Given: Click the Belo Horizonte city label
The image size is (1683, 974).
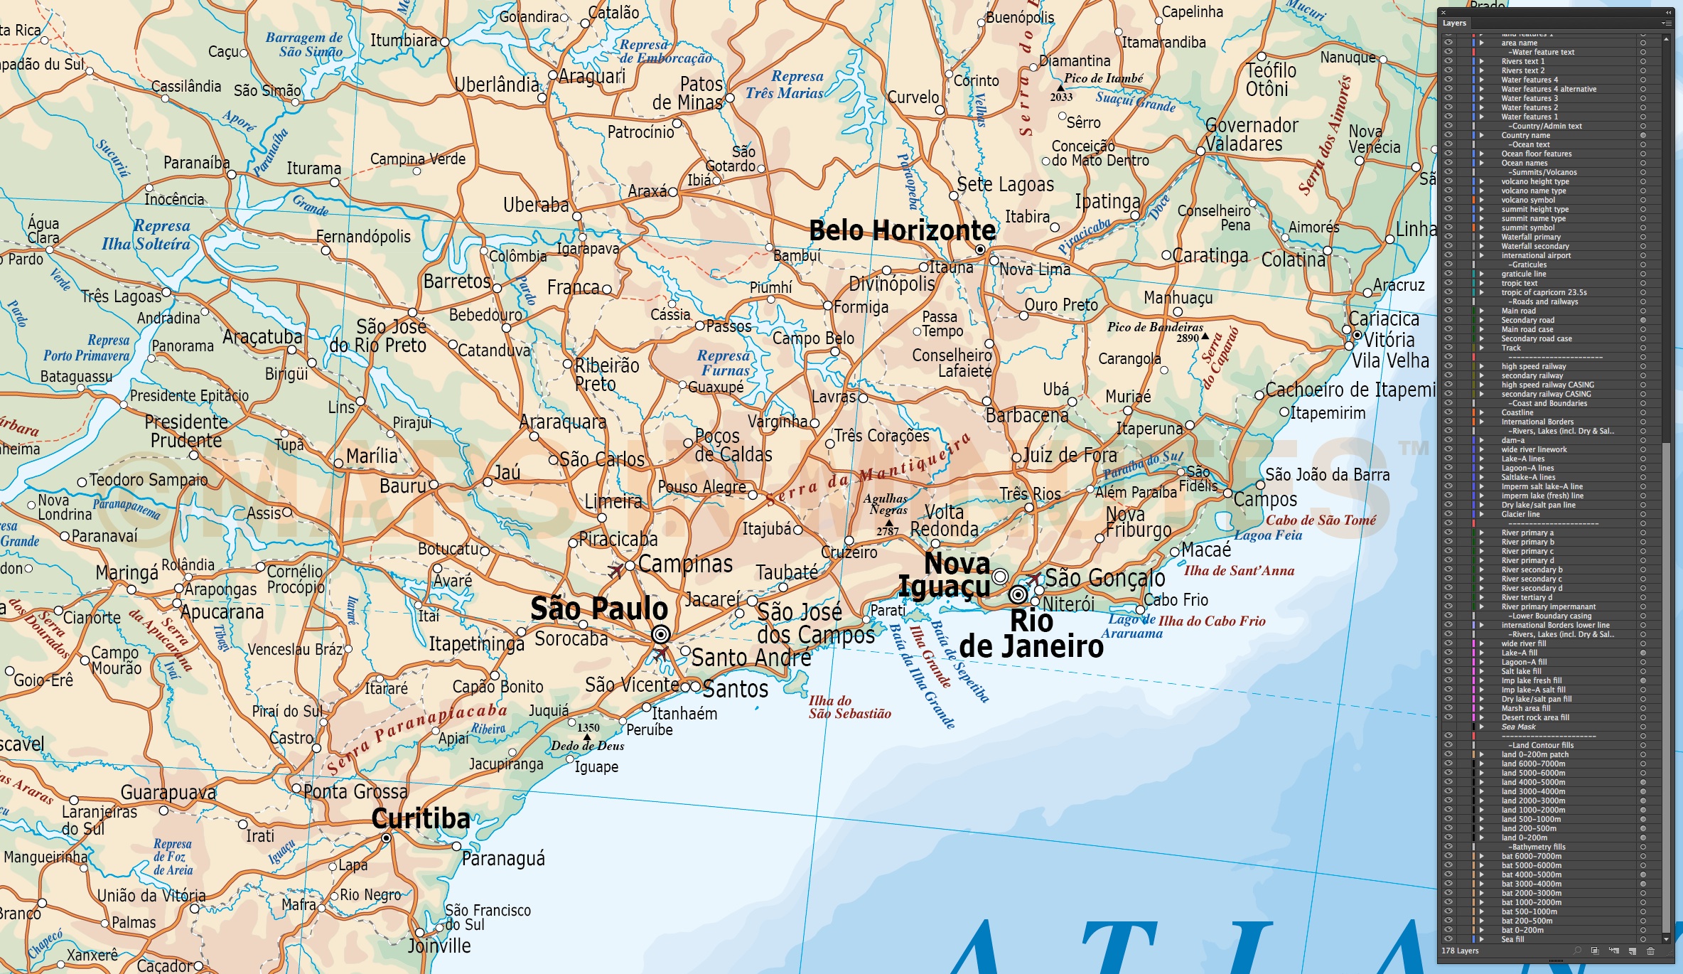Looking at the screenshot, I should [902, 231].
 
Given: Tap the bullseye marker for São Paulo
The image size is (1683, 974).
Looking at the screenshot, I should [661, 634].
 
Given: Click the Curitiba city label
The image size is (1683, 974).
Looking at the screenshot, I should [421, 819].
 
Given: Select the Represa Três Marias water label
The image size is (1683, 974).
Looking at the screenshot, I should [785, 85].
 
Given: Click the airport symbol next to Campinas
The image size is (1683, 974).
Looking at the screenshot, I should [616, 570].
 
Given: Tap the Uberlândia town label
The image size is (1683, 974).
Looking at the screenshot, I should [497, 85].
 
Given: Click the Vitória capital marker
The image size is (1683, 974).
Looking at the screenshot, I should [1357, 334].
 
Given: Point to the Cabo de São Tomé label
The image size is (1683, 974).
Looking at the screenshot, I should [1321, 520].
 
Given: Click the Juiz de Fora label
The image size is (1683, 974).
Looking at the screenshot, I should [1070, 455].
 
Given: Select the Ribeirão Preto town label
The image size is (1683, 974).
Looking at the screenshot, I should [606, 375].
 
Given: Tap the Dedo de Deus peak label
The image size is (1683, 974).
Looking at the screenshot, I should [587, 746].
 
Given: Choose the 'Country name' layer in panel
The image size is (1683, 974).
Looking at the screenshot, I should [1525, 135].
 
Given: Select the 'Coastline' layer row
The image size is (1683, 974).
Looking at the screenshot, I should [1517, 412].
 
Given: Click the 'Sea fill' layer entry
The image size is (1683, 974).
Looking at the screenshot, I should [1512, 939].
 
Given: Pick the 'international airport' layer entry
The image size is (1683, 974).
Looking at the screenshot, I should [1536, 255].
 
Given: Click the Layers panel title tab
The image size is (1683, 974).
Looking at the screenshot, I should [1454, 23].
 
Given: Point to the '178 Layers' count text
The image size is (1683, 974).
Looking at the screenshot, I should [1460, 951].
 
